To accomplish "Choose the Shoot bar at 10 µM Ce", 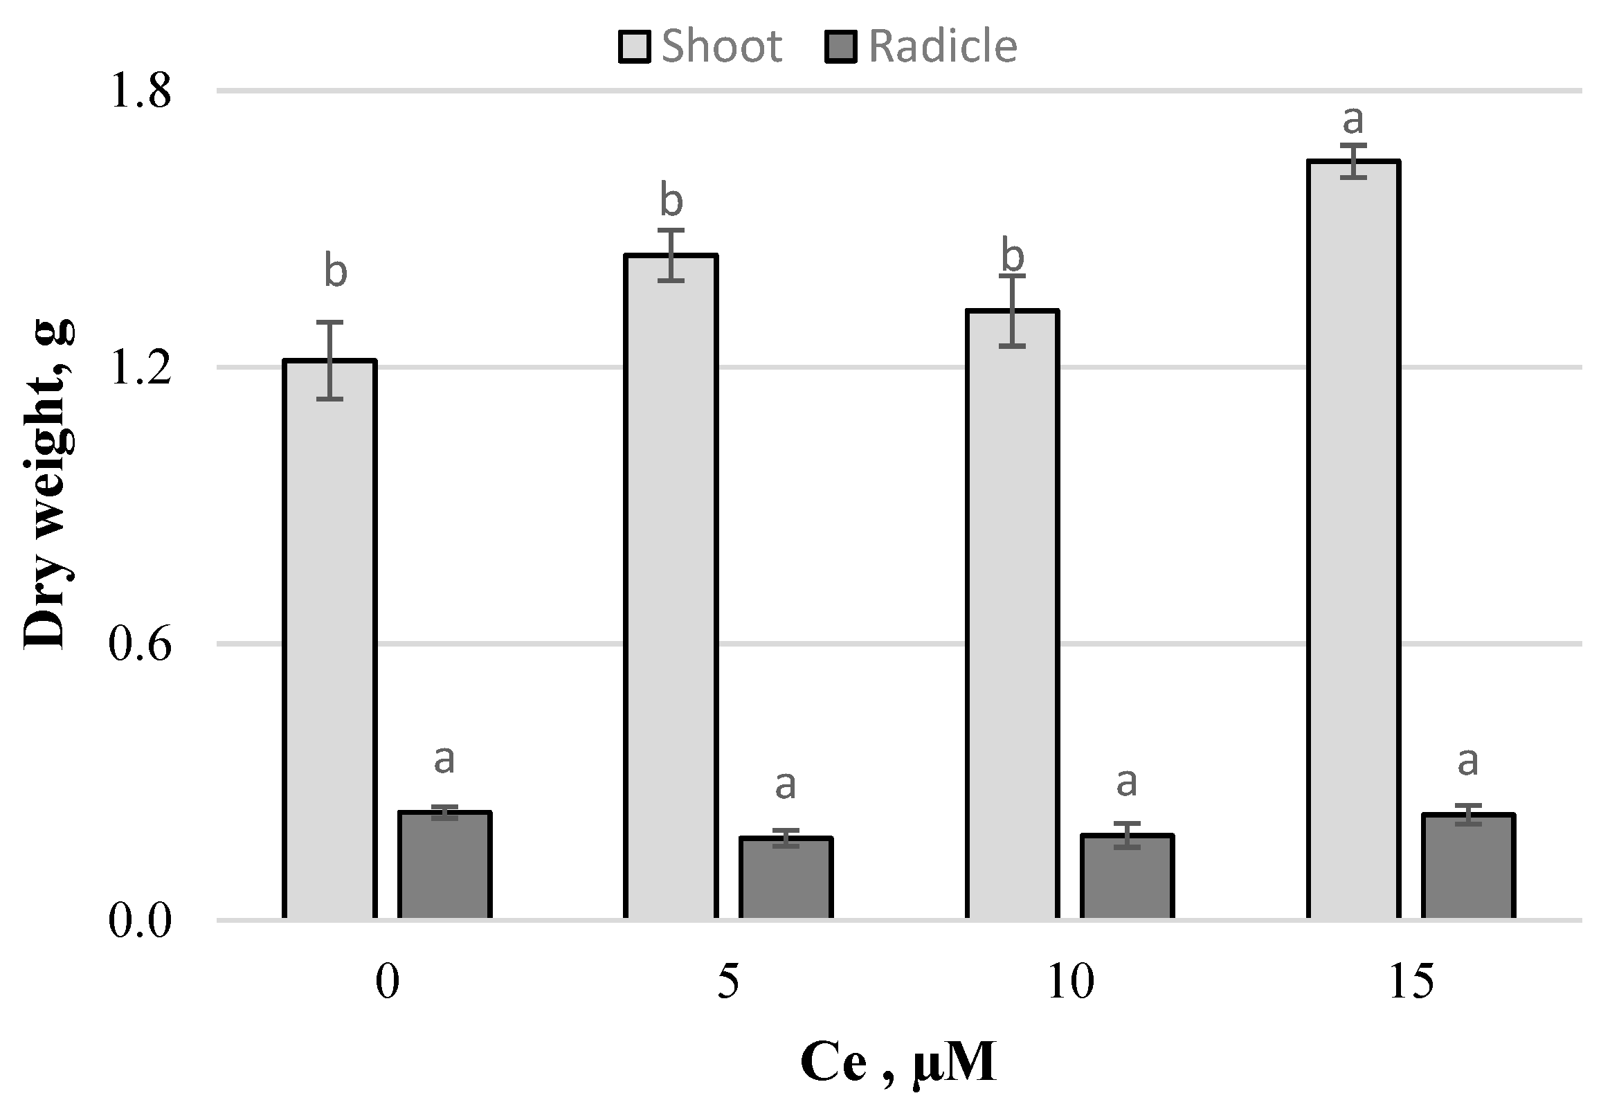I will point(1012,614).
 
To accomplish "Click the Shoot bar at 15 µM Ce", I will point(1354,539).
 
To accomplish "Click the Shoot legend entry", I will point(700,46).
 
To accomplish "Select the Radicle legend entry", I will point(921,46).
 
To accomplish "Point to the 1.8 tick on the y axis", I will point(140,91).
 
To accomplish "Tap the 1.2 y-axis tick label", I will point(140,368).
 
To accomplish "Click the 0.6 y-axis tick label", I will point(140,644).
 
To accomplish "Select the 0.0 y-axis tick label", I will point(140,921).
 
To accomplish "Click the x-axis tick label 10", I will point(1070,983).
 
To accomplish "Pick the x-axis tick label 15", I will point(1411,983).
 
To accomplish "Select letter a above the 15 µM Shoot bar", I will point(1353,120).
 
